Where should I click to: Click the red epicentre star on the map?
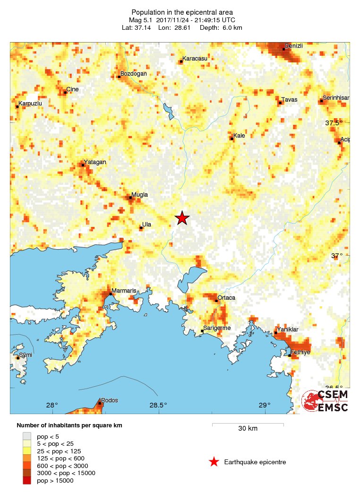point(182,218)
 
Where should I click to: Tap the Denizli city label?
point(293,45)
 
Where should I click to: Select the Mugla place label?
point(139,195)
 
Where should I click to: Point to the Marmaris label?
point(120,291)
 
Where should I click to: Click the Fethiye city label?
point(300,352)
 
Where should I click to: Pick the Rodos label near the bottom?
point(110,400)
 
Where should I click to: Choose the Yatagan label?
point(95,162)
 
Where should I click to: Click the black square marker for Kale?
point(231,139)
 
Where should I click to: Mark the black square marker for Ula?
point(141,228)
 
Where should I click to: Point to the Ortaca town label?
point(226,298)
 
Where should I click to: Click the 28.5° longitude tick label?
point(158,405)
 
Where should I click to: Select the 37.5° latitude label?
point(334,123)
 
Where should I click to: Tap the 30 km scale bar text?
point(248,428)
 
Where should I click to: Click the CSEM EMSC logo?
point(326,401)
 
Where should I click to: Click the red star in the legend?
point(214,462)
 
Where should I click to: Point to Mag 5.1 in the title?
point(141,20)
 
